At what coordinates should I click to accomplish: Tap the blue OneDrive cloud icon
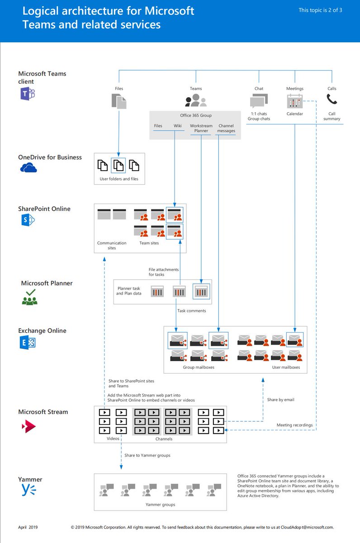[28, 168]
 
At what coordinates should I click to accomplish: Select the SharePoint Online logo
[27, 220]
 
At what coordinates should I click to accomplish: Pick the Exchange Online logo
[27, 343]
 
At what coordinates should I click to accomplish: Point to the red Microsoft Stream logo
[28, 426]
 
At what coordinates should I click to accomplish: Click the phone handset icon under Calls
[332, 99]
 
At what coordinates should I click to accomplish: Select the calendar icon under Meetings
[295, 100]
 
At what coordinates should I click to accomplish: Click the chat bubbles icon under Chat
[259, 100]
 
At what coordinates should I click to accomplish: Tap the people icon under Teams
[196, 100]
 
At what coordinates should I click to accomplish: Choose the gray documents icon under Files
[119, 100]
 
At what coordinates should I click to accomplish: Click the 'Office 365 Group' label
[195, 115]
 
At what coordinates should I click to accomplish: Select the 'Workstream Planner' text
[201, 128]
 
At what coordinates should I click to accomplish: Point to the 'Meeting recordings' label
[294, 425]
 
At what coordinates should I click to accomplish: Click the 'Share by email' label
[280, 400]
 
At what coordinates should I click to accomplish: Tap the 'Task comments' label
[191, 311]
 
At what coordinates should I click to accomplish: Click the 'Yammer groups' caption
[160, 505]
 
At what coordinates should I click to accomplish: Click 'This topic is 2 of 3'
[320, 10]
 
